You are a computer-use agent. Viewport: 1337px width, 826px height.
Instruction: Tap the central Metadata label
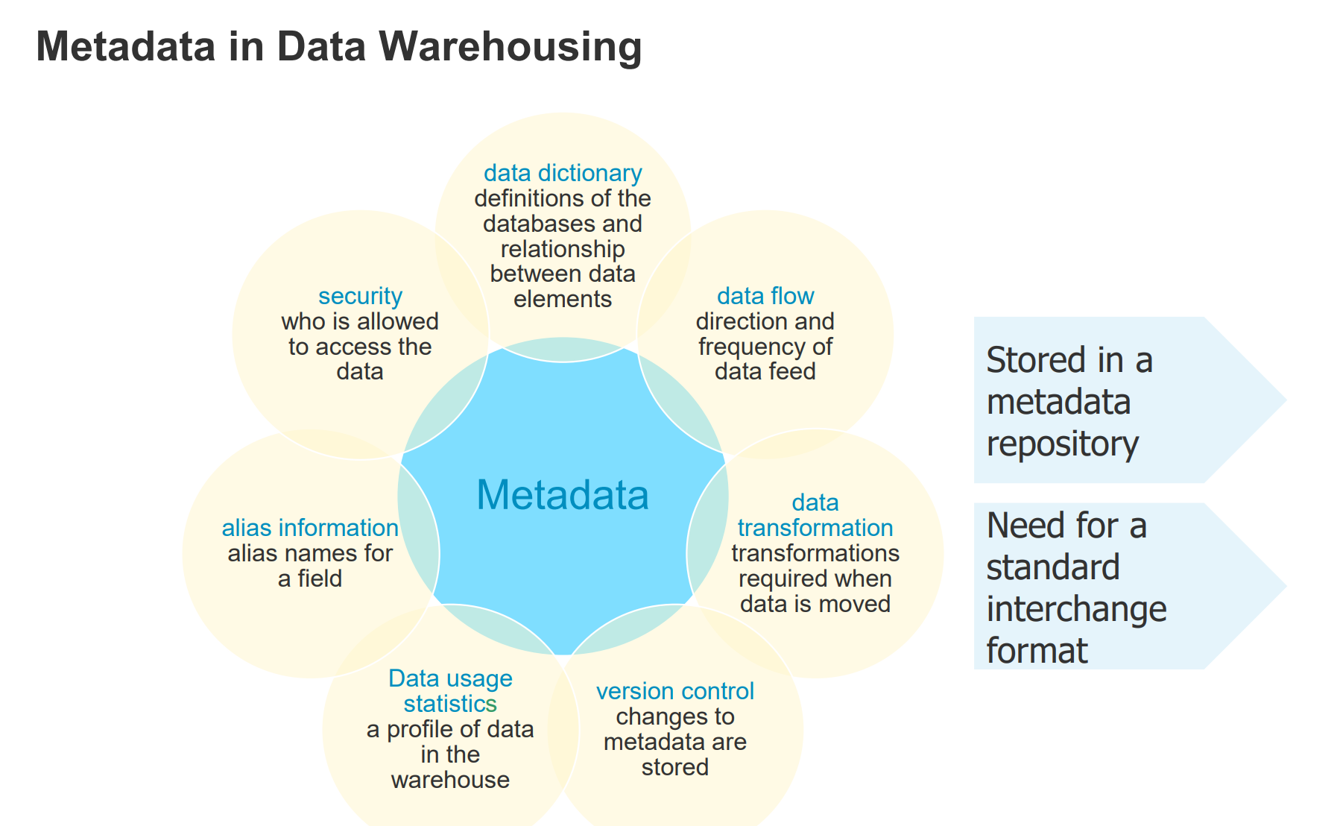tap(563, 495)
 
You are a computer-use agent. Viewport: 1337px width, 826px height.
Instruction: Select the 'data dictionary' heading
tap(563, 173)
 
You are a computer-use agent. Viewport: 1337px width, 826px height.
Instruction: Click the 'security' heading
tap(360, 296)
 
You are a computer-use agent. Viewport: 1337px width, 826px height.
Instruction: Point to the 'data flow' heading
tap(765, 296)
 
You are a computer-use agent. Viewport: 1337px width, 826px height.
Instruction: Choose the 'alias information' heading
tap(310, 528)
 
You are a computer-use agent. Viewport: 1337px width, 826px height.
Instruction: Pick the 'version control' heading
tap(675, 691)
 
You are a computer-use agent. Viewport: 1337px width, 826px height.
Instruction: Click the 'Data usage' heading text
tap(450, 678)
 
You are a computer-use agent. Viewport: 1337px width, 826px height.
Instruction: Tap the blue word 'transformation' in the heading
tap(815, 528)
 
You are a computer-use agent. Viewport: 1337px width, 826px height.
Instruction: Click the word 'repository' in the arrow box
tap(1062, 445)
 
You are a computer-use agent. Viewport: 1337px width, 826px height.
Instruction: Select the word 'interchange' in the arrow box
tap(1076, 609)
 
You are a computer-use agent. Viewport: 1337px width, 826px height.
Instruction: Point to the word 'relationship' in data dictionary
tap(563, 249)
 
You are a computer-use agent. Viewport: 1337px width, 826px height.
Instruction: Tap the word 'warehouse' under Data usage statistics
tap(450, 780)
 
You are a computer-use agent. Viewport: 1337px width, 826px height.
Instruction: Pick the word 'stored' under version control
tap(675, 767)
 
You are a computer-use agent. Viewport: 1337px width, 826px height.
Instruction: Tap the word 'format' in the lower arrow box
tap(1037, 651)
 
